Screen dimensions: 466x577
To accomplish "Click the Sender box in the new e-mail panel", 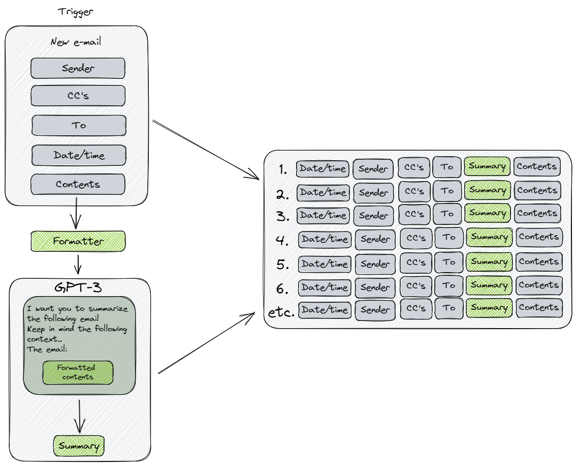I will tap(78, 68).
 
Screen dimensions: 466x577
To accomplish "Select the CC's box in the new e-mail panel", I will tap(78, 96).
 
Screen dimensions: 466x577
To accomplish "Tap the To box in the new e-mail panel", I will tap(79, 125).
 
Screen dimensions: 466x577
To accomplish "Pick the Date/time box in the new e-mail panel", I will tap(79, 155).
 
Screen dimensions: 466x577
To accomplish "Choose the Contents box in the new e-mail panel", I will tap(78, 184).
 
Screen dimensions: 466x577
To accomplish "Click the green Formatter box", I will tap(78, 241).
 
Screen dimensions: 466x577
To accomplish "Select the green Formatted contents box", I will tap(78, 373).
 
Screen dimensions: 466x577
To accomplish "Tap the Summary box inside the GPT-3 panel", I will tap(79, 446).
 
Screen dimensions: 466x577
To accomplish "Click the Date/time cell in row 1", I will tap(323, 168).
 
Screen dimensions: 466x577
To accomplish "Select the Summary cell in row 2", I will tap(488, 190).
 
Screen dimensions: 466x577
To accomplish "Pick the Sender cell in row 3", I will tap(373, 216).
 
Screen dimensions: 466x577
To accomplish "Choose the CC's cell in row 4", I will tap(416, 238).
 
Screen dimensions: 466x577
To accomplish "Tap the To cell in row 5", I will tap(448, 262).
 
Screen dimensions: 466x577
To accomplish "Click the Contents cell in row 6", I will tap(538, 285).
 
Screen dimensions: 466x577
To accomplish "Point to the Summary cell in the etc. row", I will tap(489, 308).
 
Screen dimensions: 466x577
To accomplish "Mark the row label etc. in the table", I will tap(281, 312).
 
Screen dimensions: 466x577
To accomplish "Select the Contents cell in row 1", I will tap(537, 166).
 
